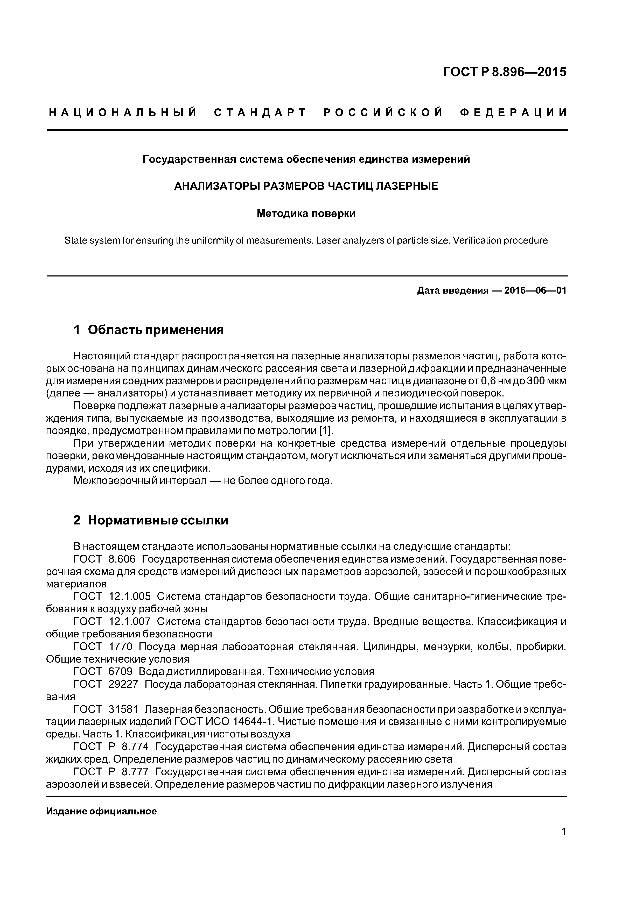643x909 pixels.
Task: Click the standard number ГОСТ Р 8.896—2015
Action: (x=504, y=72)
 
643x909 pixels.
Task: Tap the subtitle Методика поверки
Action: (x=306, y=214)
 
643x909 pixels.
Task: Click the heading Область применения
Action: (x=156, y=330)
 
